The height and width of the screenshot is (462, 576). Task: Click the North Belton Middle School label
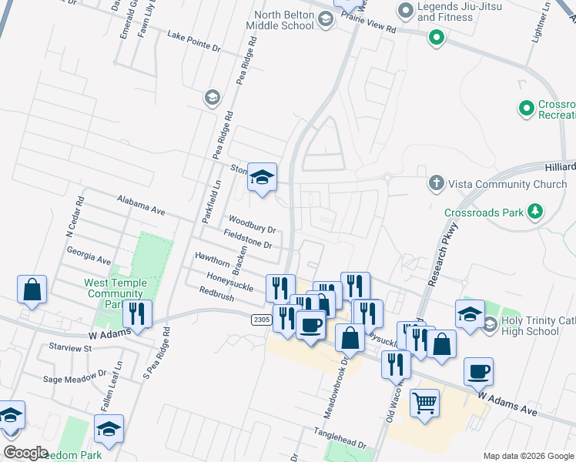pyautogui.click(x=280, y=19)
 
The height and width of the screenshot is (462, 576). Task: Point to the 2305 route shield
pyautogui.click(x=261, y=318)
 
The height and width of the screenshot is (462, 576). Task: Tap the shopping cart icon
pyautogui.click(x=424, y=403)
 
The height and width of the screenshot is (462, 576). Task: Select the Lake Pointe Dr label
pyautogui.click(x=194, y=42)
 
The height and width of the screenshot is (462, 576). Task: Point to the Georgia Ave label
pyautogui.click(x=89, y=256)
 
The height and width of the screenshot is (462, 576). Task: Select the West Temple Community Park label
pyautogui.click(x=115, y=293)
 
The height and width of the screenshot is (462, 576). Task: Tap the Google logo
pyautogui.click(x=25, y=453)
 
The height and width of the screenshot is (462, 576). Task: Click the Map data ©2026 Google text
pyautogui.click(x=527, y=456)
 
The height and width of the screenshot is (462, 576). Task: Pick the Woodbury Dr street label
pyautogui.click(x=251, y=224)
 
